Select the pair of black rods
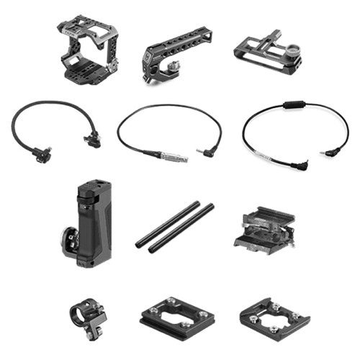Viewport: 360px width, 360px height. click(175, 225)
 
